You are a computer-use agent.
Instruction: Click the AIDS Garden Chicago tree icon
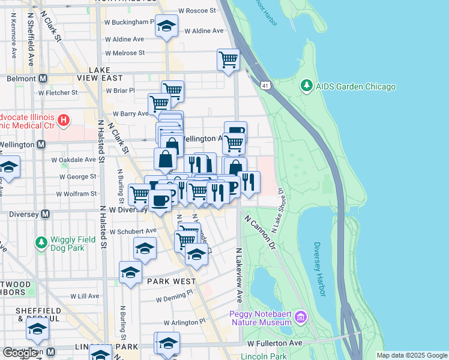pyautogui.click(x=307, y=86)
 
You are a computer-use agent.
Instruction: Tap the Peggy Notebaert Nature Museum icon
pyautogui.click(x=301, y=316)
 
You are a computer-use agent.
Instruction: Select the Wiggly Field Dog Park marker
pyautogui.click(x=41, y=242)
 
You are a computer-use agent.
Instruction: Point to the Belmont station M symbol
pyautogui.click(x=43, y=78)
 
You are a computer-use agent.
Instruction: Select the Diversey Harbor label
pyautogui.click(x=319, y=269)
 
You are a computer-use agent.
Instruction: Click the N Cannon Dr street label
pyautogui.click(x=259, y=233)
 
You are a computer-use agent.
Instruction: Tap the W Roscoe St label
pyautogui.click(x=196, y=11)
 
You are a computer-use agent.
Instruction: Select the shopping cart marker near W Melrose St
pyautogui.click(x=228, y=59)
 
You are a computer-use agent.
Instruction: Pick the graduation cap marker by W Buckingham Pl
pyautogui.click(x=166, y=26)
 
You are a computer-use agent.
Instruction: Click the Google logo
pyautogui.click(x=20, y=352)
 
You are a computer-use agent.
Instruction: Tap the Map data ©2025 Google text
pyautogui.click(x=411, y=355)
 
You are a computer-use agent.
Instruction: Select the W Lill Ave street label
pyautogui.click(x=85, y=296)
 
